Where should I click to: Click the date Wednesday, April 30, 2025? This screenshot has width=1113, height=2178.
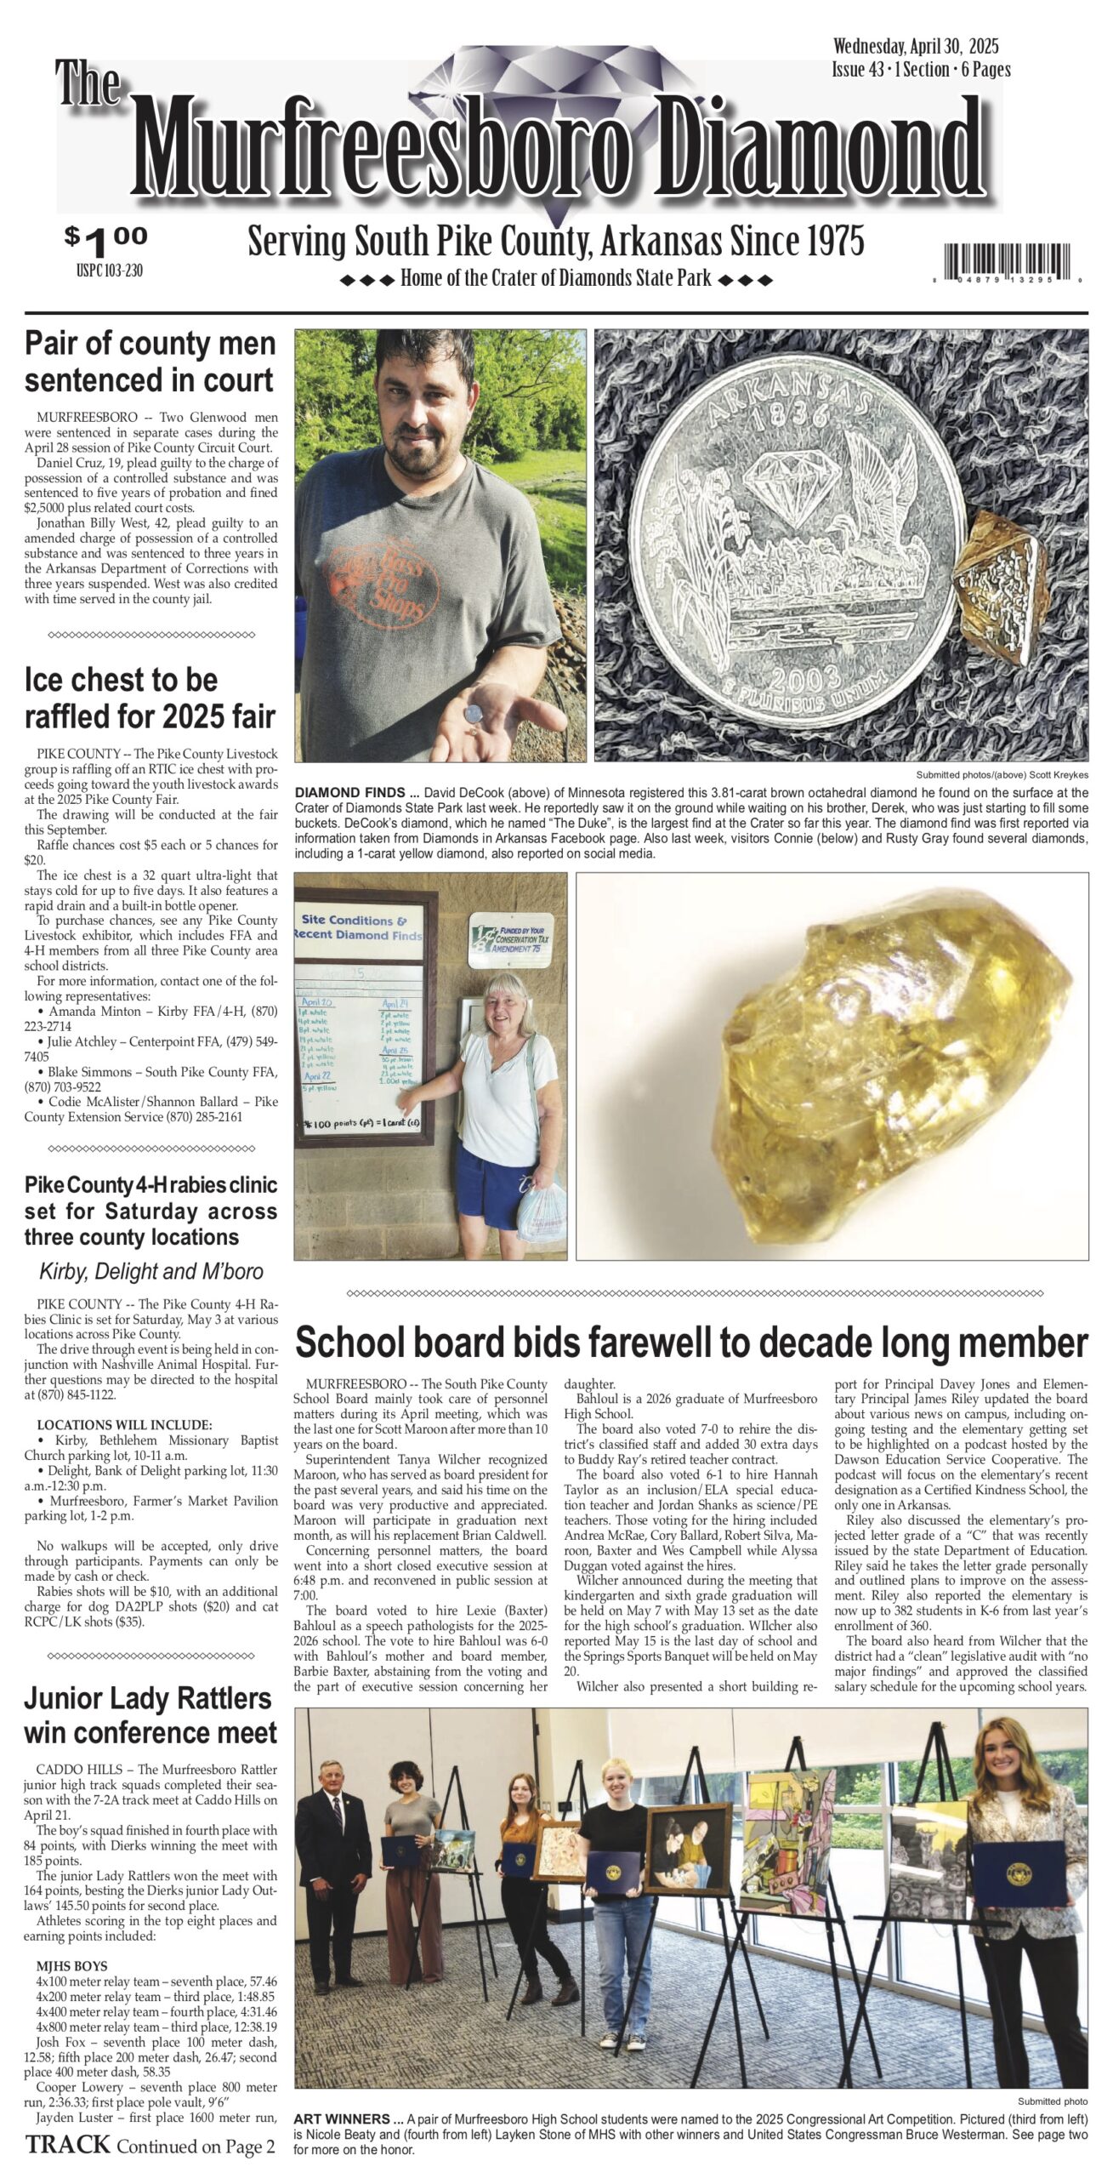(x=916, y=46)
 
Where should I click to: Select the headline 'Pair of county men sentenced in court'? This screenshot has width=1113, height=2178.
(x=150, y=362)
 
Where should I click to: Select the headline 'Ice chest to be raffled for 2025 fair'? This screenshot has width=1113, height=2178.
(x=150, y=698)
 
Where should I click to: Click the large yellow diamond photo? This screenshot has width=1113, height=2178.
(x=832, y=1065)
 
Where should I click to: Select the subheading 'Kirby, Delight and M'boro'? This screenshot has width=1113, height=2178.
(x=151, y=1271)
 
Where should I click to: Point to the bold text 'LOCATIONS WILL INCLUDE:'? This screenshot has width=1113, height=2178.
(x=124, y=1425)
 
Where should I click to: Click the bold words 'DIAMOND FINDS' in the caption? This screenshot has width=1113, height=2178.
(x=351, y=792)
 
